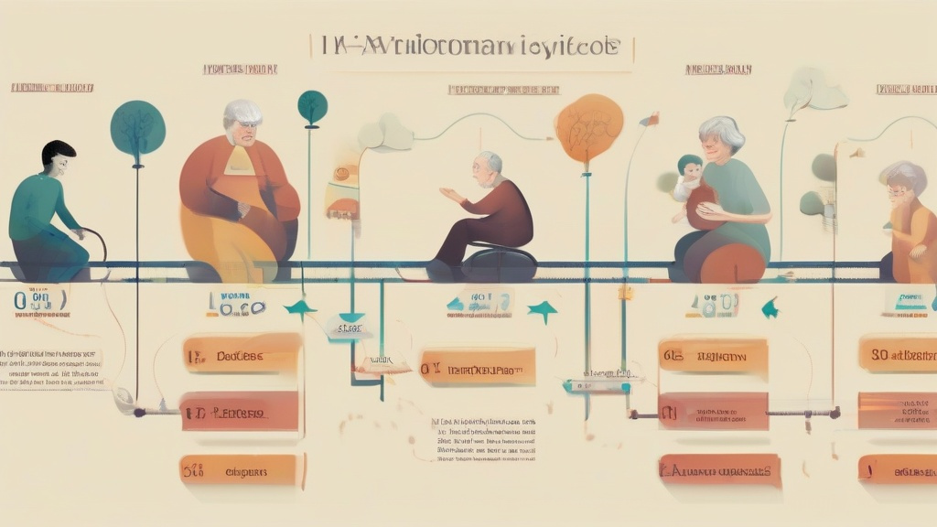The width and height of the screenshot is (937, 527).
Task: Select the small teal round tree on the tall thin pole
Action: [312, 105]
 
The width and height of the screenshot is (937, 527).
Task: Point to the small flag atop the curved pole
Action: [649, 119]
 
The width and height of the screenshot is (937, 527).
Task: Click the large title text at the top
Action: [470, 48]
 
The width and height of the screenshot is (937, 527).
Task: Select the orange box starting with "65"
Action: [713, 356]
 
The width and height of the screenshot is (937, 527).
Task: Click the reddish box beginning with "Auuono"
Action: [719, 470]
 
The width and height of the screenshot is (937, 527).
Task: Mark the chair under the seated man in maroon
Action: [499, 263]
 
